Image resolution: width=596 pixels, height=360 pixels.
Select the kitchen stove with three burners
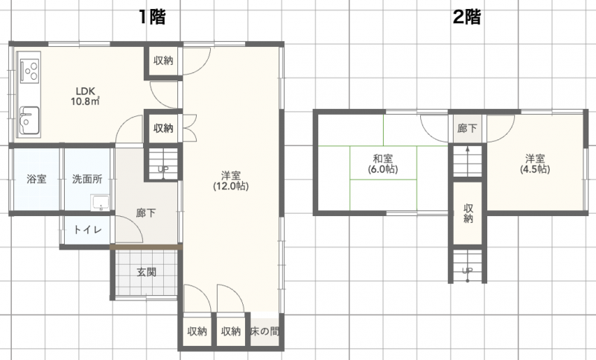30,69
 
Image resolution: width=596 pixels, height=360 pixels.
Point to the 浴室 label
37,179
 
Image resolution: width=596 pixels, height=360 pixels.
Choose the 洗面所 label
87,179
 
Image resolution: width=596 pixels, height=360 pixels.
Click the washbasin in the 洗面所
99,202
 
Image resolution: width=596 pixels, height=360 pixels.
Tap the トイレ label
87,230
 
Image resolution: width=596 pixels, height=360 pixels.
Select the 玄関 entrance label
146,272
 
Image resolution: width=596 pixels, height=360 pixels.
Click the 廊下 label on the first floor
146,213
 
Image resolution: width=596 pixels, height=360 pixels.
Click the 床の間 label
265,331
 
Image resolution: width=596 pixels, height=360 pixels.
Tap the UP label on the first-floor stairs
162,169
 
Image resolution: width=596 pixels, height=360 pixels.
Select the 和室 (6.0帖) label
384,164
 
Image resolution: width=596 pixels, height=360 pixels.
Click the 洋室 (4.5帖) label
534,164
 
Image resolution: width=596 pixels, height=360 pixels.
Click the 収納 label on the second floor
468,213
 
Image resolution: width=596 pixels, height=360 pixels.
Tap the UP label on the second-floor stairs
468,270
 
